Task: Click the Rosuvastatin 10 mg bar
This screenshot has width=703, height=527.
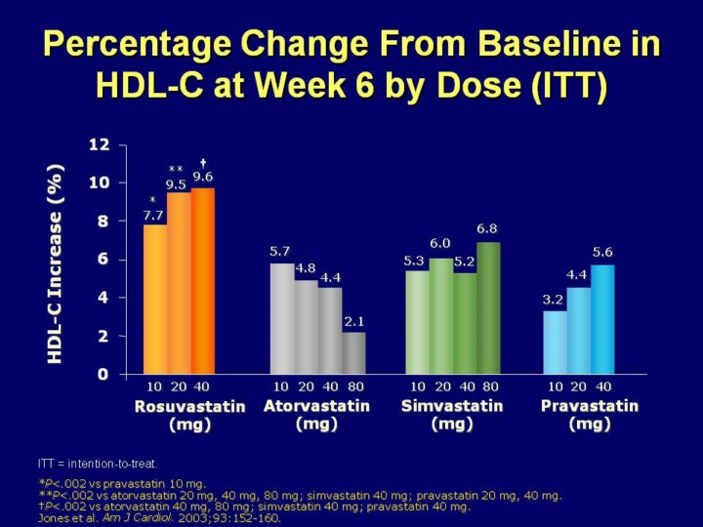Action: pos(154,300)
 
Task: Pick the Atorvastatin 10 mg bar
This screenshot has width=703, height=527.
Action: pos(281,318)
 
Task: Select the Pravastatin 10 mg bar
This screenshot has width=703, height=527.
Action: pos(554,342)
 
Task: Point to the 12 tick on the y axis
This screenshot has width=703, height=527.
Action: pos(100,144)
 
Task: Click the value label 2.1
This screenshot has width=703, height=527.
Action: pos(353,320)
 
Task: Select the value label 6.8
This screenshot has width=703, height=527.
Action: pos(486,228)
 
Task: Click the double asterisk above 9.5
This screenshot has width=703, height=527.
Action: pos(176,169)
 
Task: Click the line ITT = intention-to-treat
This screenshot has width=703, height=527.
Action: pos(99,463)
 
